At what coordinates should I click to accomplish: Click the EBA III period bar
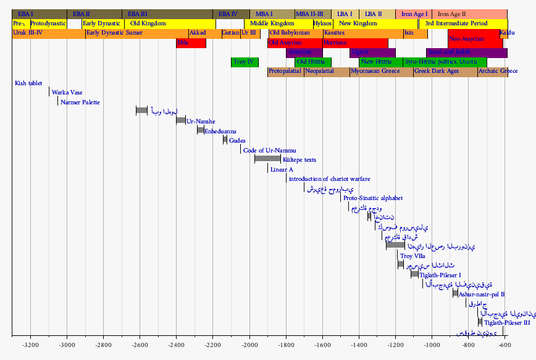(167, 14)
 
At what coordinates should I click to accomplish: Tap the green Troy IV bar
(245, 62)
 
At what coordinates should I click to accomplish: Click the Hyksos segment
(322, 23)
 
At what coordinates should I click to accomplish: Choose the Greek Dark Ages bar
(445, 72)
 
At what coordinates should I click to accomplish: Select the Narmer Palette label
(80, 102)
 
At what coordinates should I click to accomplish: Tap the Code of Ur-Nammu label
(270, 150)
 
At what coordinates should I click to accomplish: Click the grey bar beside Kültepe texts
(267, 159)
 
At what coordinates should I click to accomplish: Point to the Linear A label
(282, 169)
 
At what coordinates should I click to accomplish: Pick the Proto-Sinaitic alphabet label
(373, 198)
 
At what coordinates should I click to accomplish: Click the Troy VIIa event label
(412, 256)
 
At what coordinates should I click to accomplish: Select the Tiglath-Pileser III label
(507, 322)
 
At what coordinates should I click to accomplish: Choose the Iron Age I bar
(414, 14)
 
